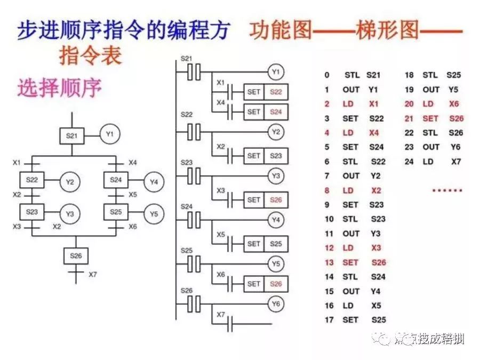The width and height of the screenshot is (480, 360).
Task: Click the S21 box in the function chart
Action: pyautogui.click(x=71, y=135)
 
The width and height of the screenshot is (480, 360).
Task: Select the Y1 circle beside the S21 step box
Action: pyautogui.click(x=109, y=134)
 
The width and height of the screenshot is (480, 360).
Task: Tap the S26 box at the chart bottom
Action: pyautogui.click(x=75, y=255)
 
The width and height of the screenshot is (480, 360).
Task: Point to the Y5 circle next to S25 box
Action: pyautogui.click(x=154, y=214)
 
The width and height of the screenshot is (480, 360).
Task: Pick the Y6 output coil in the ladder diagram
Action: pyautogui.click(x=276, y=304)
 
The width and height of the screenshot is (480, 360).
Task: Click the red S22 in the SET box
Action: pyautogui.click(x=276, y=92)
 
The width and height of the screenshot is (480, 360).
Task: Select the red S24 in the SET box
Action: pyautogui.click(x=276, y=112)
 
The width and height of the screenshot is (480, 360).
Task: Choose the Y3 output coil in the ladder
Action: pyautogui.click(x=276, y=175)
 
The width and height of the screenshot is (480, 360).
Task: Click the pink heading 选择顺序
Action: pyautogui.click(x=59, y=87)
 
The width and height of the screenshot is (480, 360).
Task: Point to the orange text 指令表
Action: pyautogui.click(x=90, y=55)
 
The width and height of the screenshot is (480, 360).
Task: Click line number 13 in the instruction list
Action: pyautogui.click(x=329, y=262)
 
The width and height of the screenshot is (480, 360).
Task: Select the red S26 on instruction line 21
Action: pyautogui.click(x=456, y=118)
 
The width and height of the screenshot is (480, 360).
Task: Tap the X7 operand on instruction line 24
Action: pyautogui.click(x=456, y=162)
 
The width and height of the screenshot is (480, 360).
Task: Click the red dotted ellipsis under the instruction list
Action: pyautogui.click(x=446, y=190)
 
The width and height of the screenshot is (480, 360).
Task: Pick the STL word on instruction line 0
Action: pyautogui.click(x=352, y=75)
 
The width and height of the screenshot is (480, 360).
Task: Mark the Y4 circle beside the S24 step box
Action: pyautogui.click(x=154, y=182)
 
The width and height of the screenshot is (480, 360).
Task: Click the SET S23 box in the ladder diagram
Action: pyautogui.click(x=266, y=156)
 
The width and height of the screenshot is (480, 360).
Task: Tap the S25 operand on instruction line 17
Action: pyautogui.click(x=378, y=320)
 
